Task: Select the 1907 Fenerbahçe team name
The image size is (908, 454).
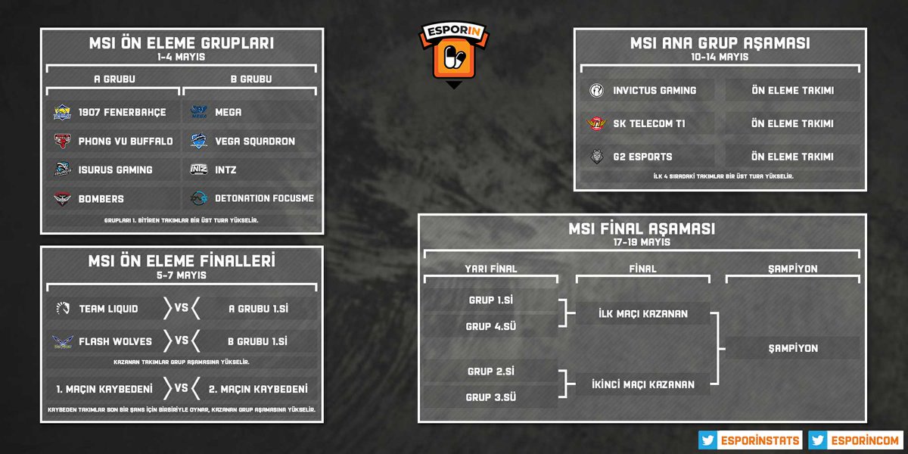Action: (122, 112)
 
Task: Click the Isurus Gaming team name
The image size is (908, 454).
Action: (115, 169)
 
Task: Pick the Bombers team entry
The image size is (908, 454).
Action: (101, 198)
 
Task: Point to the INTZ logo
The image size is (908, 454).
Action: (199, 169)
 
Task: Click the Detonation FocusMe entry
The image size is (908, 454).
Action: (264, 198)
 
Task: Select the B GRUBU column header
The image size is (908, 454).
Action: (250, 79)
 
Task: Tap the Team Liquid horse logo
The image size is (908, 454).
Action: (62, 308)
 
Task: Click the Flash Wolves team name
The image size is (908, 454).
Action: (115, 341)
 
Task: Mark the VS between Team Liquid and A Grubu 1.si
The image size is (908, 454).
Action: (182, 308)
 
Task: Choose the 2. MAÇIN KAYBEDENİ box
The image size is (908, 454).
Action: (257, 389)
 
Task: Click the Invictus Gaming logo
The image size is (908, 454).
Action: (596, 90)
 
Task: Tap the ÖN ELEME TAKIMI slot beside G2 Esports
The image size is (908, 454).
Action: (792, 157)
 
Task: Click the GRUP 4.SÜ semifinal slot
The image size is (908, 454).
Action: (490, 326)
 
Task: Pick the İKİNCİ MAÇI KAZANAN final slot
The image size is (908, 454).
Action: (643, 384)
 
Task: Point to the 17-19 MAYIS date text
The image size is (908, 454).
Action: (642, 242)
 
